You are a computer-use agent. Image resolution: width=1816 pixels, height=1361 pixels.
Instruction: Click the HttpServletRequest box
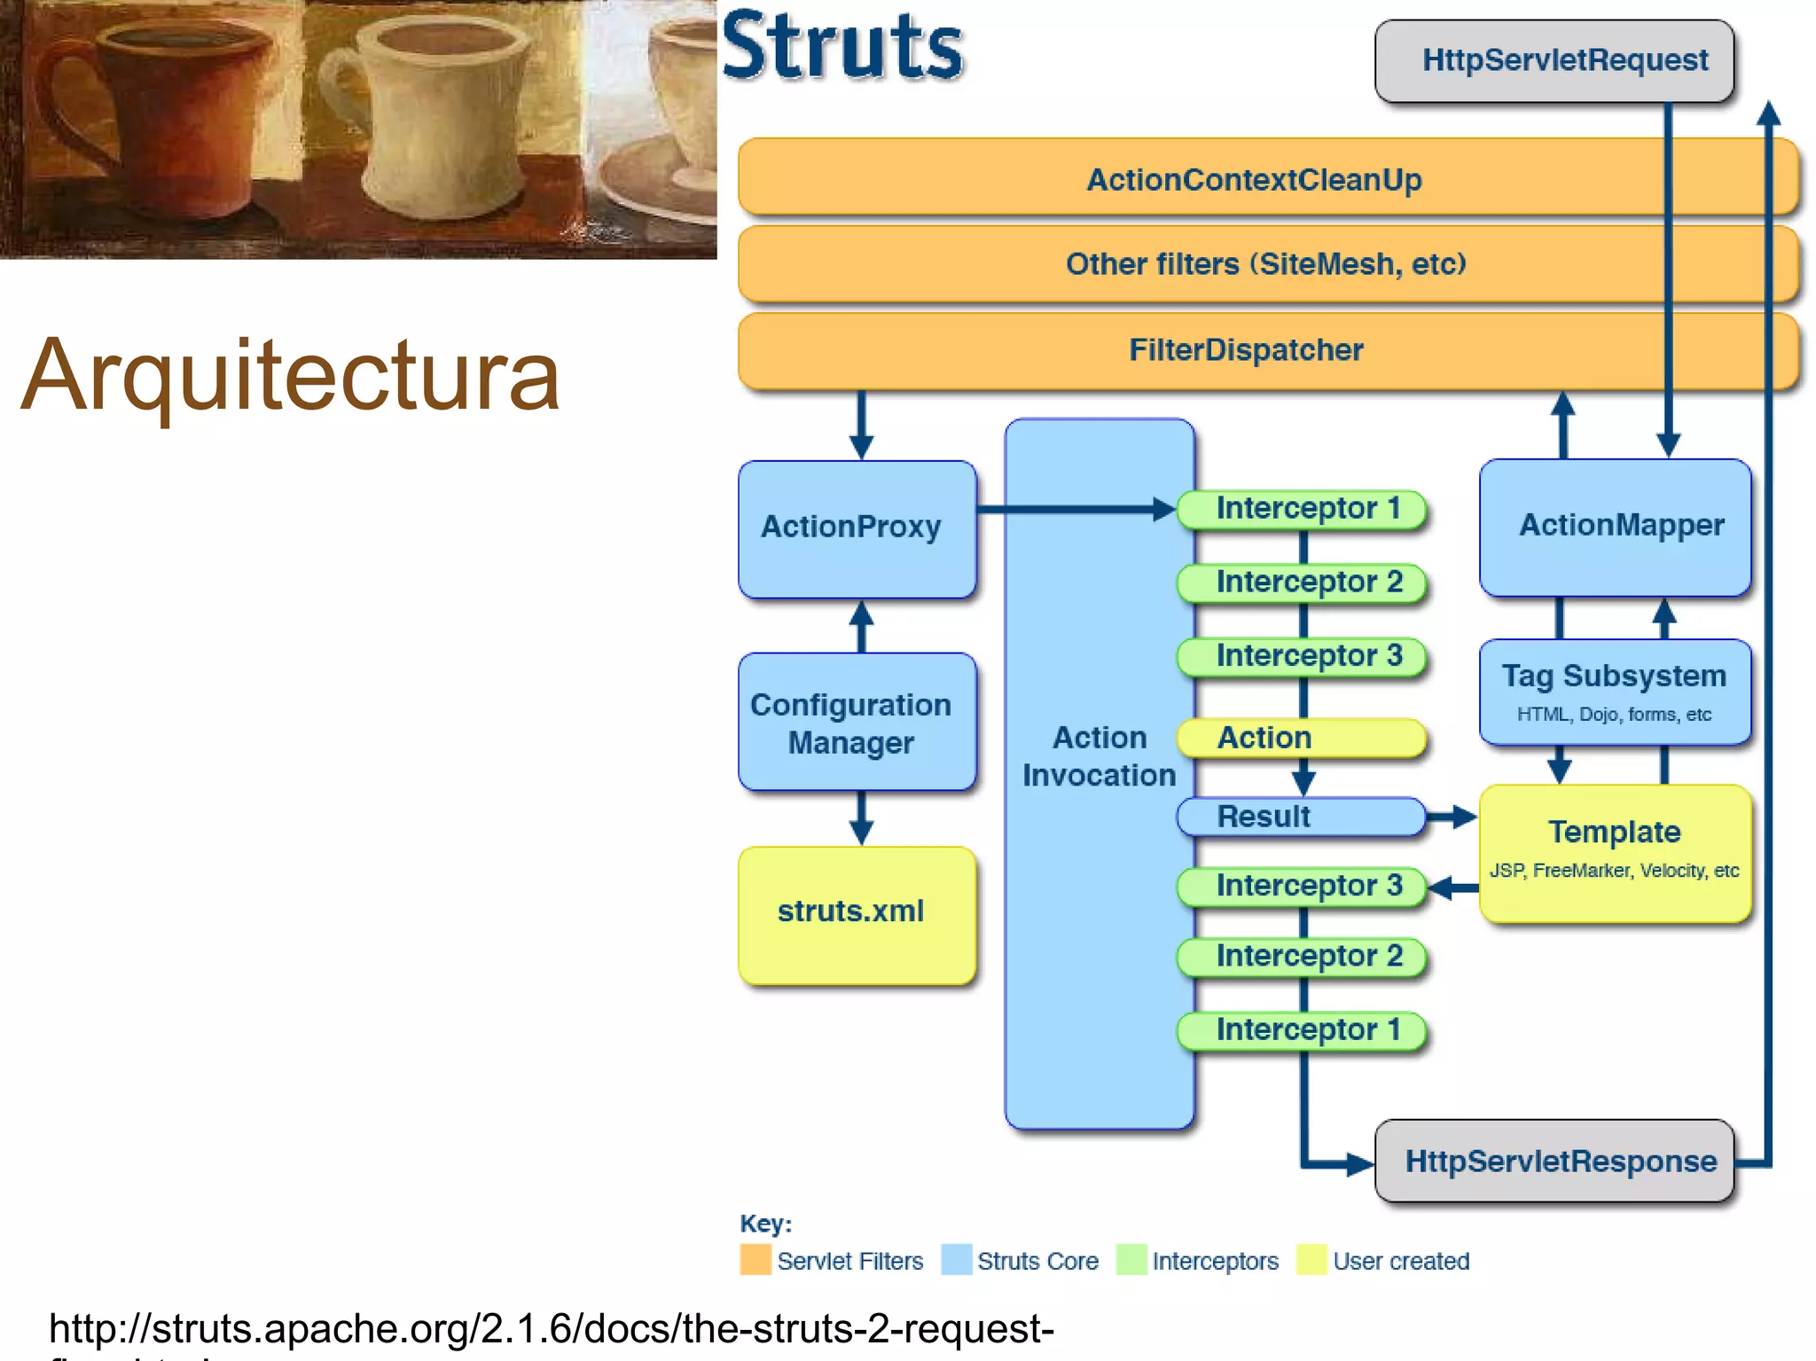coord(1554,60)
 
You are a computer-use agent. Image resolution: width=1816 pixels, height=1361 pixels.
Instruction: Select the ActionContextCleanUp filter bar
coord(1254,179)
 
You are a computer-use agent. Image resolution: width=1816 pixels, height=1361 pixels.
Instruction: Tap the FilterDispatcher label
coord(1245,349)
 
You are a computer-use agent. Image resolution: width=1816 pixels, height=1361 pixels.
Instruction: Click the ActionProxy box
coord(857,528)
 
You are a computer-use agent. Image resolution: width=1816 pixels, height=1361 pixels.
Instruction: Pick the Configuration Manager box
coord(857,722)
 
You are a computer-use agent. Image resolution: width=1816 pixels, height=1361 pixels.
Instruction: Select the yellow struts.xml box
coord(857,913)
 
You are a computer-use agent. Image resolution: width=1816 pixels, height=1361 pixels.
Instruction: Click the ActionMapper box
coord(1614,527)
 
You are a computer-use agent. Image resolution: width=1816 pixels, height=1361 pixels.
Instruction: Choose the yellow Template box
coord(1614,851)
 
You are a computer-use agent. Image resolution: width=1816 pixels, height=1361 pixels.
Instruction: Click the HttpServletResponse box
coord(1554,1161)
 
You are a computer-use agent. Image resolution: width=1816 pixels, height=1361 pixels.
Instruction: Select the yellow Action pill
coord(1300,738)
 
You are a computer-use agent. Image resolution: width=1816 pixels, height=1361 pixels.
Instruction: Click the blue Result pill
coord(1300,817)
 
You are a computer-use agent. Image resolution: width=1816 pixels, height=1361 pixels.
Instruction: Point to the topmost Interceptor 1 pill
coord(1302,509)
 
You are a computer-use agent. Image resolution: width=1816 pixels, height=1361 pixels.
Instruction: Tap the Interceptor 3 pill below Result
coord(1302,885)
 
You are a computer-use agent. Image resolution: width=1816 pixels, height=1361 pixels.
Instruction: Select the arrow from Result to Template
coord(1452,817)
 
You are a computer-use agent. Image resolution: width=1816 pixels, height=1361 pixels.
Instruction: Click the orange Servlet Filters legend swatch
coord(755,1260)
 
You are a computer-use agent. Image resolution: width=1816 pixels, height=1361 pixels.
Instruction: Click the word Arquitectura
coord(290,376)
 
